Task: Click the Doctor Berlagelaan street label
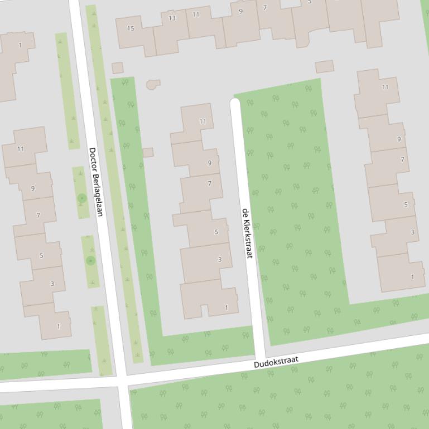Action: [96, 182]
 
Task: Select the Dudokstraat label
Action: [276, 362]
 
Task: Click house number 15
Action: [131, 28]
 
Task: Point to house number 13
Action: [172, 18]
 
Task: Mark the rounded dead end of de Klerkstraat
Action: [235, 103]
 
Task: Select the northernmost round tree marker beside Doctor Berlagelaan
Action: [82, 198]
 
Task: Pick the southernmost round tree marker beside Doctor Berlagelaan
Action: [91, 260]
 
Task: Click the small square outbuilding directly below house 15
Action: [117, 68]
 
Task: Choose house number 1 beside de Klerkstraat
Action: [226, 308]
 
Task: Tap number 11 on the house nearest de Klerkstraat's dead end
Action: [203, 121]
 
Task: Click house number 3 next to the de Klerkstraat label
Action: [219, 260]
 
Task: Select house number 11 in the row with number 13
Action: [196, 14]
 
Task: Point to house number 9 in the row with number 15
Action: [240, 11]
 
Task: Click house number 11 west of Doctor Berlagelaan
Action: [21, 149]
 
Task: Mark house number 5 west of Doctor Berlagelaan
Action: [41, 256]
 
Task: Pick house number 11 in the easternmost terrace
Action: [385, 87]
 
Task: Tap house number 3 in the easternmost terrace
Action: [413, 232]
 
